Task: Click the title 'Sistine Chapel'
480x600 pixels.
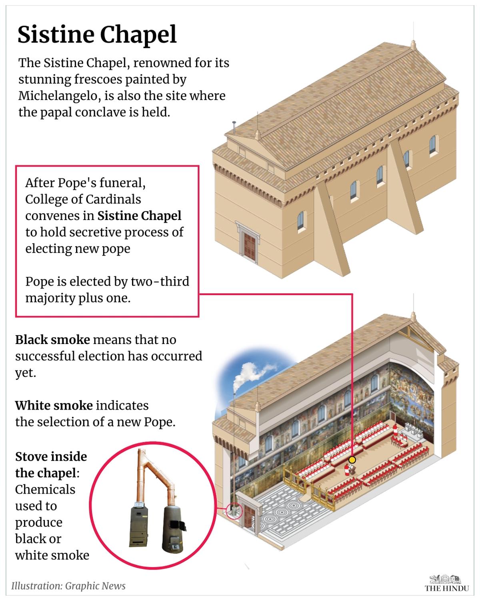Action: click(x=97, y=35)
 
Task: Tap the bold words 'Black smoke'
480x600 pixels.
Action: click(x=52, y=340)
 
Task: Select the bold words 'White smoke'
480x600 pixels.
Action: click(x=54, y=406)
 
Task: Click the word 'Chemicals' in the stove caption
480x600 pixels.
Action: click(x=45, y=490)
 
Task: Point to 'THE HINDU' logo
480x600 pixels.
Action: click(x=446, y=588)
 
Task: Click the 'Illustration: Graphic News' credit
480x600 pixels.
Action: click(x=68, y=586)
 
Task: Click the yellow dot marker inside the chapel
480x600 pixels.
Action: click(x=352, y=460)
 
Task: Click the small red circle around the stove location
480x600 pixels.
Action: click(x=234, y=510)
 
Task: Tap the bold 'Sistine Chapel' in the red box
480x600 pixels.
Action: click(x=139, y=216)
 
